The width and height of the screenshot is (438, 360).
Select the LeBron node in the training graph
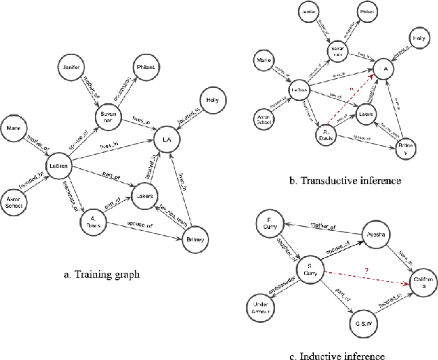pos(57,165)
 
